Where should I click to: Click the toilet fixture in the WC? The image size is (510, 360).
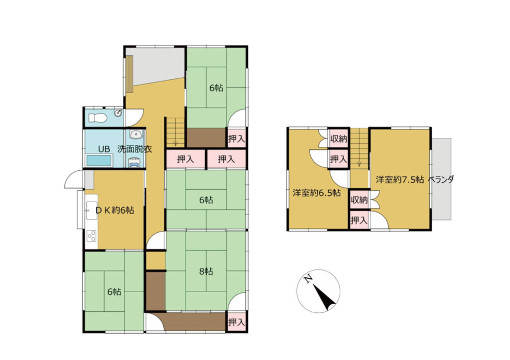click(97, 118)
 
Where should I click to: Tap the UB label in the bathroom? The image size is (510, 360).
click(104, 149)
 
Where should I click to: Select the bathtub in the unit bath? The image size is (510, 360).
click(99, 161)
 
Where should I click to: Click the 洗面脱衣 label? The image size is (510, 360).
click(134, 149)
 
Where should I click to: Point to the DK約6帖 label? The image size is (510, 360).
click(115, 210)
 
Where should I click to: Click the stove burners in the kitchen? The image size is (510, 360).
click(92, 236)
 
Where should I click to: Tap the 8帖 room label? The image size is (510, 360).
click(206, 271)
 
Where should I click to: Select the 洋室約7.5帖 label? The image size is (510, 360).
click(400, 180)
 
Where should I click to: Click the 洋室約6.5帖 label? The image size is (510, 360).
click(316, 193)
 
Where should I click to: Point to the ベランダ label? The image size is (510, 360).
click(441, 180)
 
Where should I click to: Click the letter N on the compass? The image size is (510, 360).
click(308, 279)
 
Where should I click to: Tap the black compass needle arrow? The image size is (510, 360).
click(324, 297)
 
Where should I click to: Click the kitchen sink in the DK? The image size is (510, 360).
click(90, 210)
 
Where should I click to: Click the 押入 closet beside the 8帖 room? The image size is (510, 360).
click(237, 322)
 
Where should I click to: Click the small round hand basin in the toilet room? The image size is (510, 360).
click(118, 113)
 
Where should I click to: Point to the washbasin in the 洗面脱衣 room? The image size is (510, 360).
click(135, 134)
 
